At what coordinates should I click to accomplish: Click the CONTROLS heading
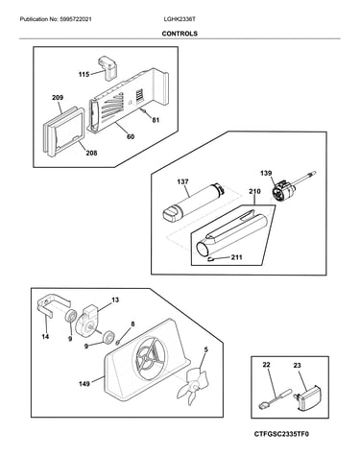[180, 34]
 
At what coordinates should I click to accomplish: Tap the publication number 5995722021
[75, 19]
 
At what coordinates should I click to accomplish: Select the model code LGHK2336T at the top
[180, 19]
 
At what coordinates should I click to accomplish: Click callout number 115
[84, 75]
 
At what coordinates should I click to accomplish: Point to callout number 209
[58, 98]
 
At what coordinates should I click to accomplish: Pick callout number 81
[156, 120]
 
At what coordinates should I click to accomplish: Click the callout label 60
[131, 136]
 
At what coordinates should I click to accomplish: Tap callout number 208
[91, 153]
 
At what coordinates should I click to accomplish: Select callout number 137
[182, 181]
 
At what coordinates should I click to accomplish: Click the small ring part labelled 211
[211, 259]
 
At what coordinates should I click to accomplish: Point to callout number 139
[266, 173]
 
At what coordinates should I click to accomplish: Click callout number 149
[84, 383]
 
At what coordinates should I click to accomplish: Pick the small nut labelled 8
[118, 342]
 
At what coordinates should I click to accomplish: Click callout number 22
[266, 365]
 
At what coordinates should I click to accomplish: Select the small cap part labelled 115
[108, 68]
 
